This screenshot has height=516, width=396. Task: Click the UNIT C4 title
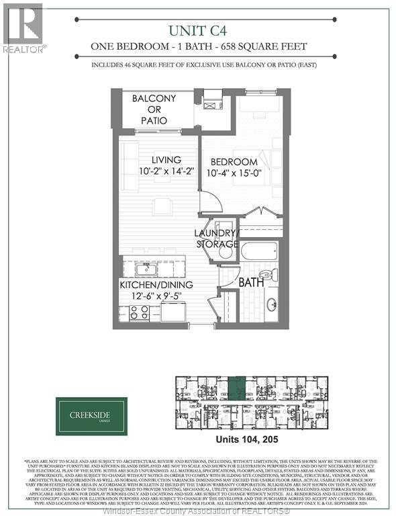point(199,30)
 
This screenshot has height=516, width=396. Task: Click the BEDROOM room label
point(234,162)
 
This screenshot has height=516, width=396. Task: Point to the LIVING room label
point(166,160)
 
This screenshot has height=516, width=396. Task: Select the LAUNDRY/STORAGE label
point(216,238)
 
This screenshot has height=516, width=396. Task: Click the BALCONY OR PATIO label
point(154,108)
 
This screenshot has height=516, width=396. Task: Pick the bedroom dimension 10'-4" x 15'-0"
point(234,175)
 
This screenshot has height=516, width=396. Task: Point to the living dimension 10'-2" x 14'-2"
point(166,172)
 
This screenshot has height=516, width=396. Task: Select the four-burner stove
point(139,312)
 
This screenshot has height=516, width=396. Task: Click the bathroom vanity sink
point(271,304)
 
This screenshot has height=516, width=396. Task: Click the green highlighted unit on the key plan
point(237,389)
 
